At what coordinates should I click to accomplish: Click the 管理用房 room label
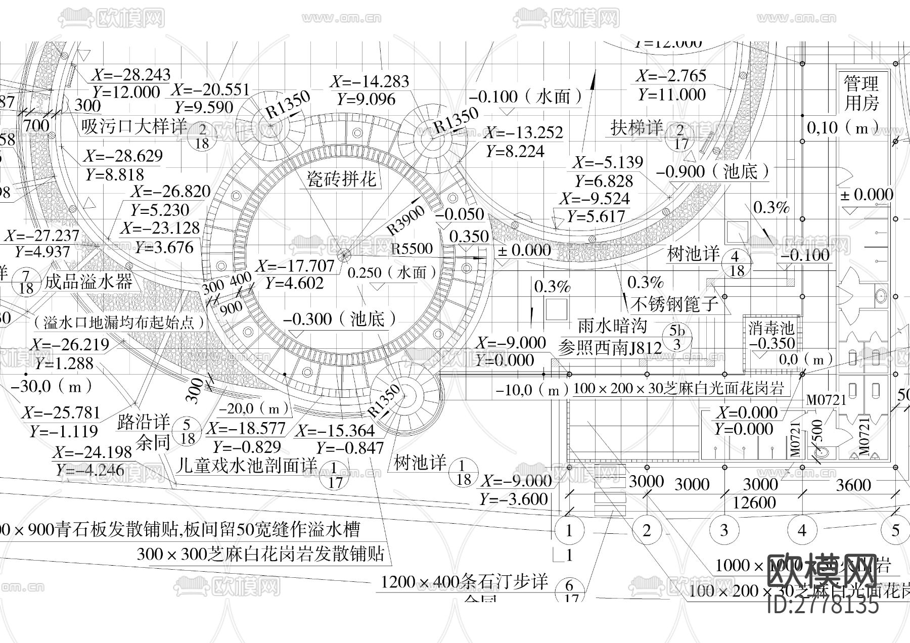(x=861, y=93)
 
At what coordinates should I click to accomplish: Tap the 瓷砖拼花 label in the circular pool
(x=342, y=179)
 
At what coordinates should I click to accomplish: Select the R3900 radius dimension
(x=406, y=220)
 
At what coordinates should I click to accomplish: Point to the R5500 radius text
(x=412, y=249)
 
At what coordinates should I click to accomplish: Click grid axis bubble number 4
(x=802, y=530)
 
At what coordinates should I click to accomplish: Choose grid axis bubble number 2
(x=647, y=530)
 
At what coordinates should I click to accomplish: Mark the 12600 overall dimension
(x=754, y=502)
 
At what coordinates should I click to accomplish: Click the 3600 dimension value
(x=853, y=485)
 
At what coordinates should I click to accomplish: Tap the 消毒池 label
(x=771, y=328)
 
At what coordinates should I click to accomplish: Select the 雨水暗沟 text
(x=612, y=326)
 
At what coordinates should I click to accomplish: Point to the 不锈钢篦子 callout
(x=674, y=303)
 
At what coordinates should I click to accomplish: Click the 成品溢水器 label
(x=88, y=281)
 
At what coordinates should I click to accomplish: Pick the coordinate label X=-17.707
(x=295, y=266)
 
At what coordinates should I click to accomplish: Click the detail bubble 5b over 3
(x=677, y=338)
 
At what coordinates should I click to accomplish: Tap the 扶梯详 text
(x=636, y=127)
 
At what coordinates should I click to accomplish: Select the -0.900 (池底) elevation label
(x=713, y=172)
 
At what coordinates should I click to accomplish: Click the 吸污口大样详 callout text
(x=134, y=126)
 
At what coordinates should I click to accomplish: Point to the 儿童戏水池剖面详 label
(x=246, y=465)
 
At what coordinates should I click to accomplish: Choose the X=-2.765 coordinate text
(x=671, y=76)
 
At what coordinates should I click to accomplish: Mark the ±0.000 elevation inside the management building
(x=867, y=195)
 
